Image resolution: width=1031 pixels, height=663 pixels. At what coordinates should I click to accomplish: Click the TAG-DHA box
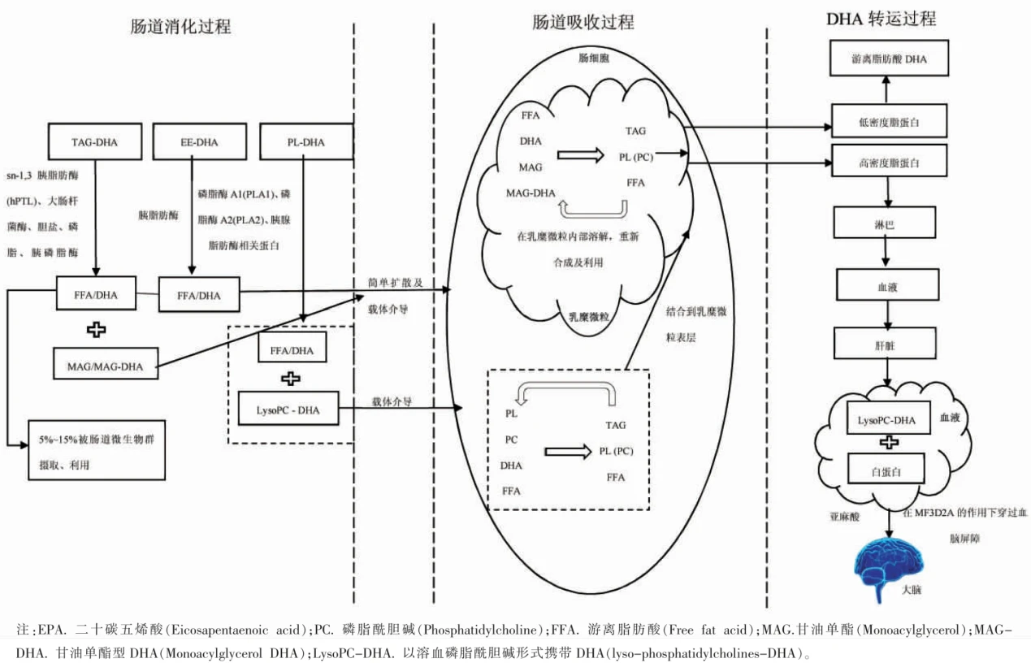pyautogui.click(x=95, y=142)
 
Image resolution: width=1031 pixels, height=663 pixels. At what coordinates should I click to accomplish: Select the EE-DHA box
pyautogui.click(x=199, y=142)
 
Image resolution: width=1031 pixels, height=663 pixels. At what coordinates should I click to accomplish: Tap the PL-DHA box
pyautogui.click(x=305, y=142)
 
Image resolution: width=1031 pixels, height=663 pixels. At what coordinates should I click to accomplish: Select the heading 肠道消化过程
pyautogui.click(x=180, y=26)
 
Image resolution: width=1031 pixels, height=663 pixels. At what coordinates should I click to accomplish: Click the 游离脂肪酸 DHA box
pyautogui.click(x=889, y=60)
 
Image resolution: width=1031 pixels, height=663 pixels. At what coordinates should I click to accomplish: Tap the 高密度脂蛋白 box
pyautogui.click(x=889, y=162)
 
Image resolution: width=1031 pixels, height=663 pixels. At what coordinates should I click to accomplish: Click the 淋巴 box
pyautogui.click(x=889, y=221)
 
